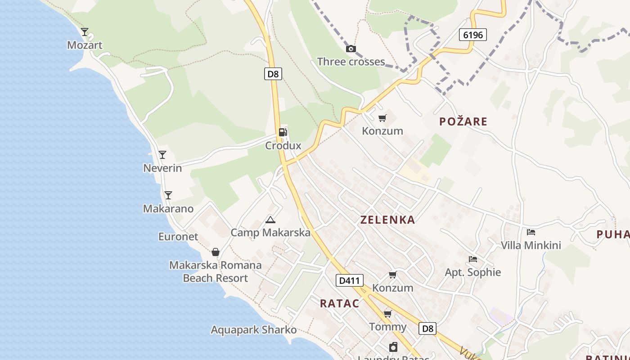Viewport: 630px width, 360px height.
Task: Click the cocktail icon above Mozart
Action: click(x=85, y=32)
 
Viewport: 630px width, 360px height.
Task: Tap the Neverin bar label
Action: click(x=162, y=168)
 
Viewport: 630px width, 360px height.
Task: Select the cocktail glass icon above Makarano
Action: click(x=168, y=195)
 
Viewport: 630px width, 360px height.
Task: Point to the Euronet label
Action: click(x=178, y=236)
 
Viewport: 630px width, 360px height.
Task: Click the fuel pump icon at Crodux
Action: click(x=283, y=132)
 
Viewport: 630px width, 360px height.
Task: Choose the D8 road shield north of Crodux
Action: click(x=273, y=74)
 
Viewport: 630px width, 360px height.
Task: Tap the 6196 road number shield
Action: click(x=473, y=35)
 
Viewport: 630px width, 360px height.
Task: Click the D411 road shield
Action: click(x=349, y=280)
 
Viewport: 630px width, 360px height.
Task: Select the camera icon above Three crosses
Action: click(x=351, y=49)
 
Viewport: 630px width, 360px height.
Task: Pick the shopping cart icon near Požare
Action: click(x=382, y=118)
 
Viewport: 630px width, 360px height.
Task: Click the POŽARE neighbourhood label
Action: click(x=463, y=121)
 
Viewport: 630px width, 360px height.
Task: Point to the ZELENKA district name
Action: click(x=387, y=220)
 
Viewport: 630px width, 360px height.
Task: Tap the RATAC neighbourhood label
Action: click(x=340, y=303)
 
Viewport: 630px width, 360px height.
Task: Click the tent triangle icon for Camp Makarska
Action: click(x=270, y=220)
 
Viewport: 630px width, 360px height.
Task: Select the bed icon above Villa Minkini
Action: click(x=531, y=232)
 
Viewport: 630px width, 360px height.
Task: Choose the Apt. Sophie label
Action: click(x=472, y=272)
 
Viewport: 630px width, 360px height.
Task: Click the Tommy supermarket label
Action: click(x=387, y=327)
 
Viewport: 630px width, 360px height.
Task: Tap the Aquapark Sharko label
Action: click(x=254, y=330)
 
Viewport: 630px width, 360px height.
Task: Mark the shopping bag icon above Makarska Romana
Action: click(x=216, y=252)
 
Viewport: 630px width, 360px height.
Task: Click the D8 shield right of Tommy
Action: click(x=427, y=328)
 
